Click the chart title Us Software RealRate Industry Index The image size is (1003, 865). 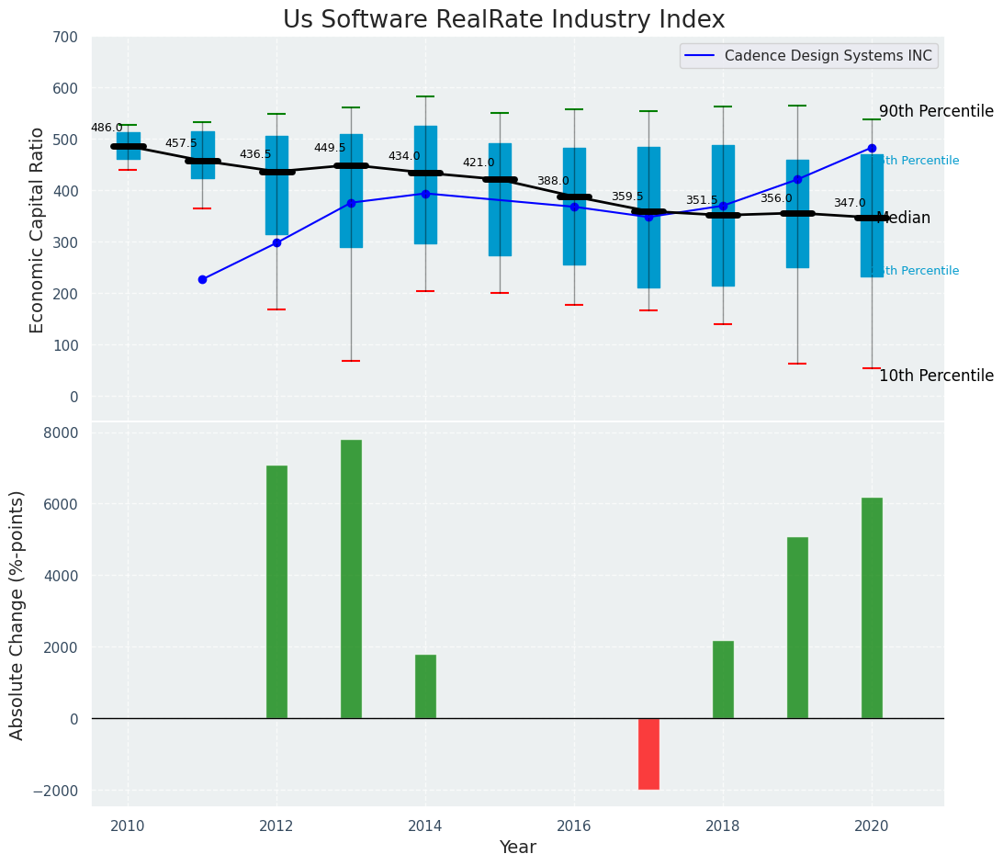503,20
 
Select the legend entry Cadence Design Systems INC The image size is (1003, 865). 828,56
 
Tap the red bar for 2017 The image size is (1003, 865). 648,753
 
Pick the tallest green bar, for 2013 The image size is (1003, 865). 351,579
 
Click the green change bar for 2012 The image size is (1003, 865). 276,591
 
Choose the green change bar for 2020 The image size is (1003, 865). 872,608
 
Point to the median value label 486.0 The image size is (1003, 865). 107,128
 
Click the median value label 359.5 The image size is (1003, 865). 627,197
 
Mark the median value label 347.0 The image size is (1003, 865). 850,203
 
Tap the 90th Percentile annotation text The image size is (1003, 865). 936,111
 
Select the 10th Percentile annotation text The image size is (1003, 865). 936,376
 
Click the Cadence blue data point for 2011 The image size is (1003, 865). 202,279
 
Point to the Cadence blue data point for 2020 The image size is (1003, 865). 872,148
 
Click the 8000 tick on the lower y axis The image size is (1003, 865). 62,432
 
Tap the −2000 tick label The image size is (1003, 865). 58,791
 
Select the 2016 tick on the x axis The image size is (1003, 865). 574,826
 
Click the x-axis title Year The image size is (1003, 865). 517,848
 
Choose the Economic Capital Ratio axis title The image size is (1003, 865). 38,230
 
